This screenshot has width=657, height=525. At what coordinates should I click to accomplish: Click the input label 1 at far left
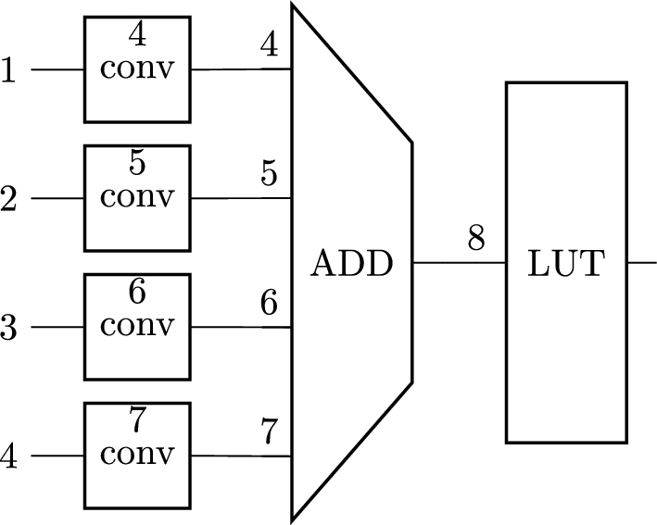(x=9, y=70)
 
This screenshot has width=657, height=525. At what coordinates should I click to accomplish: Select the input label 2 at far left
(x=9, y=199)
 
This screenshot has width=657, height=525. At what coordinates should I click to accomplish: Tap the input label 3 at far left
(x=9, y=328)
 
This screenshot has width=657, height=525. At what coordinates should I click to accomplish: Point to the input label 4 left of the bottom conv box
(x=9, y=456)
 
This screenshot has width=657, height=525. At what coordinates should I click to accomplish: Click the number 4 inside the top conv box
(x=137, y=35)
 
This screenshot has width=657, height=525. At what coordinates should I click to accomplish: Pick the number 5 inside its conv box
(x=137, y=164)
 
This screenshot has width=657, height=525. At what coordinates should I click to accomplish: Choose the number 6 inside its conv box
(x=137, y=293)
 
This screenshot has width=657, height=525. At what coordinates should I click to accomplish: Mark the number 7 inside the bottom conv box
(x=137, y=421)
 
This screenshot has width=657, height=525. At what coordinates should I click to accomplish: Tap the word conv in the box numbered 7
(x=137, y=456)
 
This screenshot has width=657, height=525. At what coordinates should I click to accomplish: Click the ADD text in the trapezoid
(x=351, y=264)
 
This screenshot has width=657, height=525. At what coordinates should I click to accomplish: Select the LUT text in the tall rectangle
(x=565, y=264)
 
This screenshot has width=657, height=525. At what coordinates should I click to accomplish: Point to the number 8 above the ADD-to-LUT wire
(x=476, y=239)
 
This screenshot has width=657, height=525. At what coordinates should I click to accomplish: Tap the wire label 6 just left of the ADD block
(x=270, y=303)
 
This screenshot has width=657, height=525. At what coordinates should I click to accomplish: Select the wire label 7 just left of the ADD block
(x=270, y=431)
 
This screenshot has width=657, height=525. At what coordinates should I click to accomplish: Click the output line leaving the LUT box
(x=641, y=263)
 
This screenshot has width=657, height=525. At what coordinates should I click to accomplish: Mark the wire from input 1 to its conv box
(x=57, y=70)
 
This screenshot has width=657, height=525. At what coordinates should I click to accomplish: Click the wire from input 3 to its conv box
(x=57, y=328)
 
